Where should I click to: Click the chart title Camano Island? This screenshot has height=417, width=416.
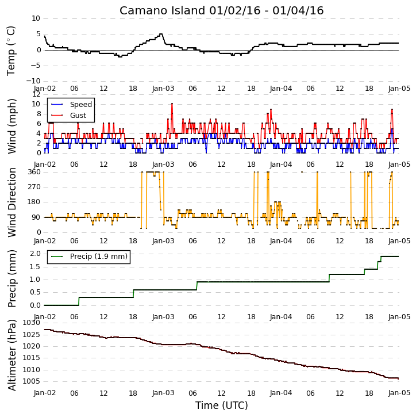163,11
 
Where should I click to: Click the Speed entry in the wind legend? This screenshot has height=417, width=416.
81,105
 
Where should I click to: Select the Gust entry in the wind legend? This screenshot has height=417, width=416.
78,116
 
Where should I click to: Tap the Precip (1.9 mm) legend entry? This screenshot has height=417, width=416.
99,257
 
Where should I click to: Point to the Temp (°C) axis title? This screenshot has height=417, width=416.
11,51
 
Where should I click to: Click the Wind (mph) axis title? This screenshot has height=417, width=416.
12,127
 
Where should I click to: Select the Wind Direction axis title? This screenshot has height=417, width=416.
12,202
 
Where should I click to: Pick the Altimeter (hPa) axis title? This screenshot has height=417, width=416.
12,355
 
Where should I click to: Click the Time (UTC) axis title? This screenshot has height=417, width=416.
222,405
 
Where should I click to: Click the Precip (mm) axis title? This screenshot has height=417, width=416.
12,279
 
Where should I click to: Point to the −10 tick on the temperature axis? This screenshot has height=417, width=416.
33,81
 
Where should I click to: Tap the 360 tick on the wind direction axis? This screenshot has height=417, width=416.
34,172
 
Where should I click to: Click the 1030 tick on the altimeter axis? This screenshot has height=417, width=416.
32,323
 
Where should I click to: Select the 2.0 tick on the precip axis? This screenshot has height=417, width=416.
35,254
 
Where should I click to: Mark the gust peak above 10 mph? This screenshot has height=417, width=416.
172,104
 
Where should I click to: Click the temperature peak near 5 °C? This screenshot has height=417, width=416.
161,34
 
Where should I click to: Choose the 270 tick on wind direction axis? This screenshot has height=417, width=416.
34,187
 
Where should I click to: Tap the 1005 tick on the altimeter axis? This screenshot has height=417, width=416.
32,381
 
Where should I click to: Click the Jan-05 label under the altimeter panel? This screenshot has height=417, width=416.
399,393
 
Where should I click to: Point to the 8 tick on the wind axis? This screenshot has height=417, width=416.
38,114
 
